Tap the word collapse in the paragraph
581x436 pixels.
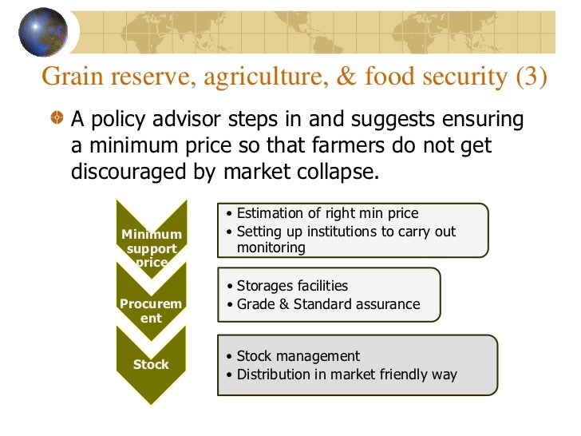(x=330, y=172)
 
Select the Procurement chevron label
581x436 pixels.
(x=151, y=311)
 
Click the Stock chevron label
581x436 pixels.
(x=151, y=364)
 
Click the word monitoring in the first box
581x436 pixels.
(x=271, y=248)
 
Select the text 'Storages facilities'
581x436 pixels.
(x=292, y=286)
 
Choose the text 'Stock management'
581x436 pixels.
(x=298, y=356)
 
